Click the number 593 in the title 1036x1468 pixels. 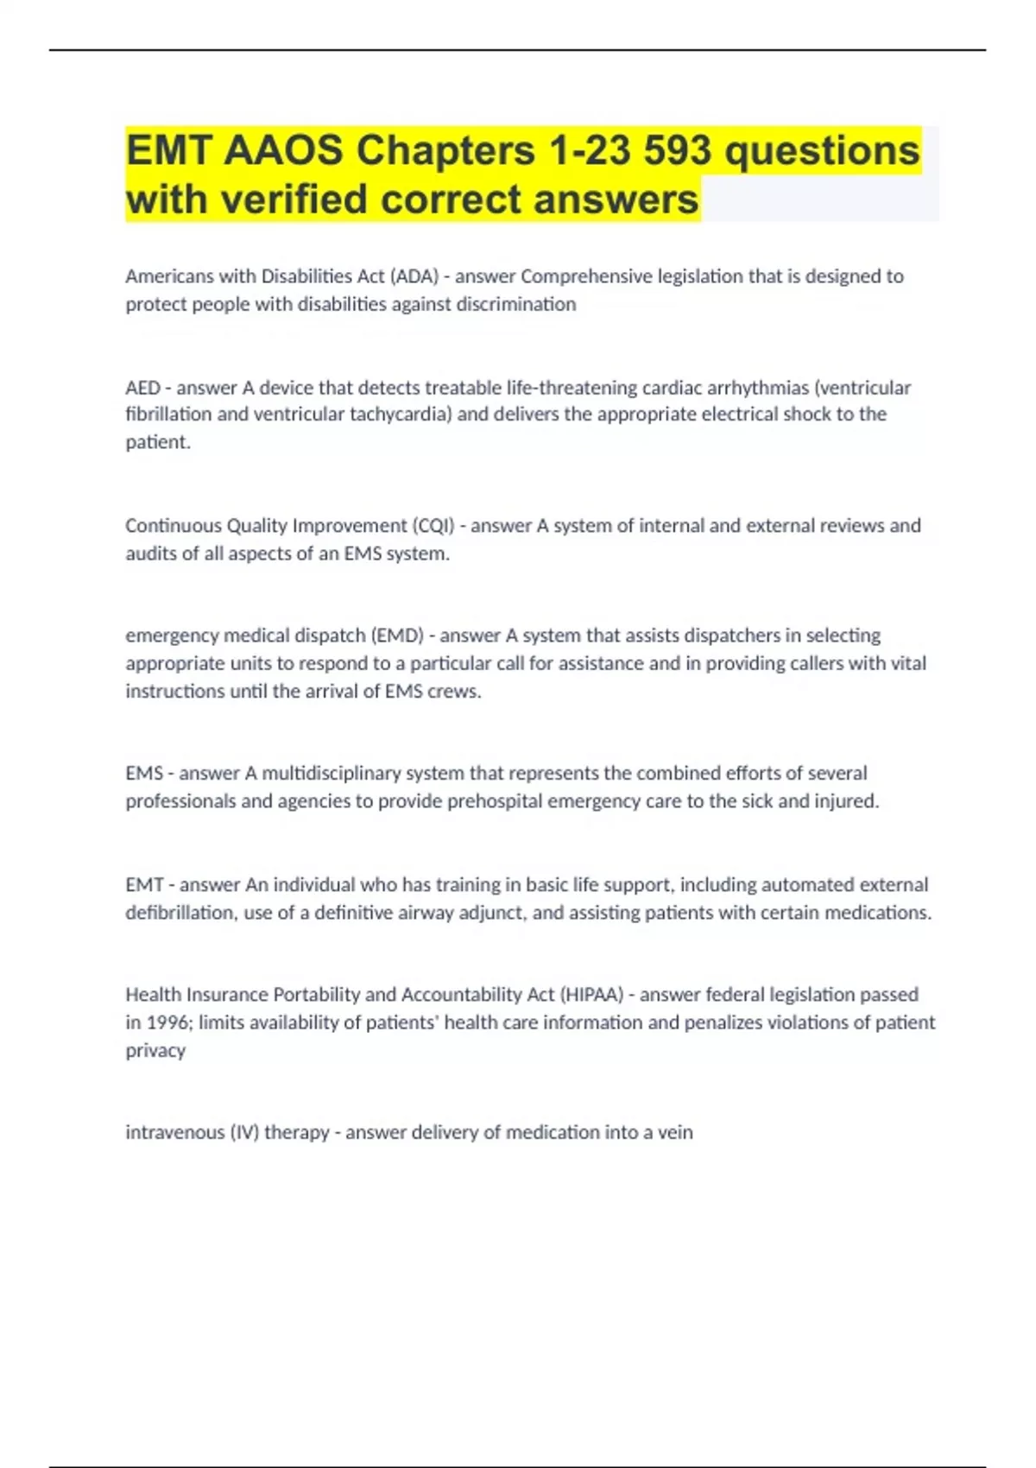[x=677, y=150]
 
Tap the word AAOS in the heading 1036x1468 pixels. [x=283, y=150]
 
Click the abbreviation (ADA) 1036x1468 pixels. [x=414, y=276]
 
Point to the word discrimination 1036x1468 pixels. [x=515, y=304]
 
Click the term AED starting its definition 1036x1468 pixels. [x=142, y=388]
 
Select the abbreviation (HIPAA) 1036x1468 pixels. [x=592, y=995]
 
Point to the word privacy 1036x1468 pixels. [x=155, y=1051]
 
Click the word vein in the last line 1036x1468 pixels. [x=675, y=1132]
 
